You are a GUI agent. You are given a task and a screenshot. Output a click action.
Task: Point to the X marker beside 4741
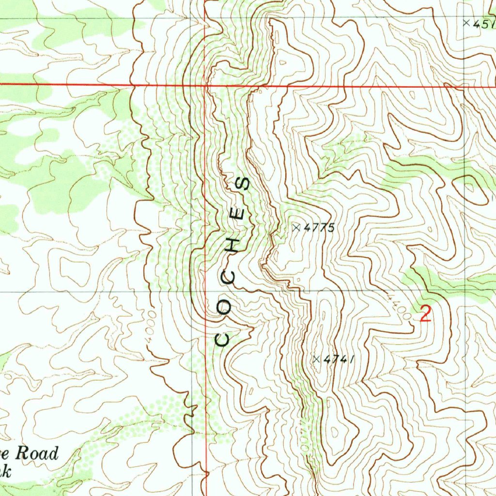pos(316,359)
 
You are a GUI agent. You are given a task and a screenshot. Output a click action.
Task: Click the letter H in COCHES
pos(234,246)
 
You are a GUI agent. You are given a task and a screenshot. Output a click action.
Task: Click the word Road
pos(37,454)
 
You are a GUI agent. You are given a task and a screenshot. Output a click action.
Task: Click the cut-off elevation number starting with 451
pos(484,23)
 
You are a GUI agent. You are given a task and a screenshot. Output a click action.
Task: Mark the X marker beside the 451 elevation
pos(466,23)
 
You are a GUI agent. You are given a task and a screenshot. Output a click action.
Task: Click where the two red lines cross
pos(205,85)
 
